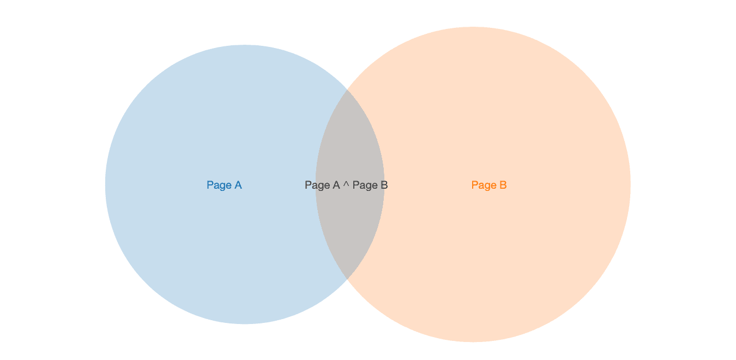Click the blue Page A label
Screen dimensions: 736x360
[x=224, y=185]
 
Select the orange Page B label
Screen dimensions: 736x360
[x=489, y=185]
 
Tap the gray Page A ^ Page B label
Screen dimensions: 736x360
[x=346, y=185]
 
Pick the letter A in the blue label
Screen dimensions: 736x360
[x=238, y=185]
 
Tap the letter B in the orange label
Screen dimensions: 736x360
[x=503, y=185]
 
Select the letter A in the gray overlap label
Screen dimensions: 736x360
[x=336, y=185]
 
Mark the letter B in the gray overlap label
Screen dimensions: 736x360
[x=384, y=185]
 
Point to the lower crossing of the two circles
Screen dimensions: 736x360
[x=348, y=279]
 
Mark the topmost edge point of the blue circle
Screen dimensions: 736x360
[x=245, y=45]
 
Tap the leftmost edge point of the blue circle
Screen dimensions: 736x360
[x=105, y=184]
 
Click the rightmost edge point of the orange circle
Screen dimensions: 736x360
[x=631, y=184]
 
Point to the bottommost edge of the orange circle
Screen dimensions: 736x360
[x=473, y=342]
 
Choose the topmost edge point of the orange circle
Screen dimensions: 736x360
[x=473, y=27]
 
